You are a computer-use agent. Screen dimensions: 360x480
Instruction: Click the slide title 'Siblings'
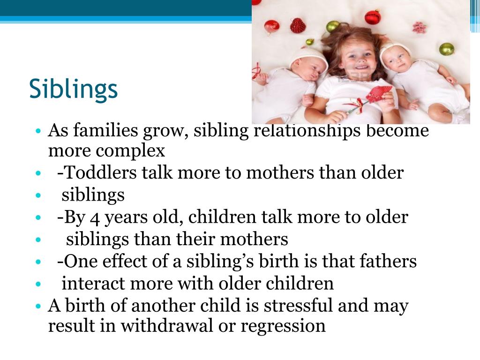pyautogui.click(x=73, y=89)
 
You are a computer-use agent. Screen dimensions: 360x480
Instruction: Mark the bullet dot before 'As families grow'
pyautogui.click(x=39, y=130)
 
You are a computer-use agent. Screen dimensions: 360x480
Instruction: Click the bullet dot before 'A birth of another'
pyautogui.click(x=39, y=306)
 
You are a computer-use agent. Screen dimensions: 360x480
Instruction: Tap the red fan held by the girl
pyautogui.click(x=379, y=94)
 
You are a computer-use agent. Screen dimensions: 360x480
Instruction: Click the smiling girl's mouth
pyautogui.click(x=360, y=74)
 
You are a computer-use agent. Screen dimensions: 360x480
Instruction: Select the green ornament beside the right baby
pyautogui.click(x=446, y=49)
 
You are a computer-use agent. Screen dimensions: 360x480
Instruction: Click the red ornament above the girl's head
pyautogui.click(x=373, y=17)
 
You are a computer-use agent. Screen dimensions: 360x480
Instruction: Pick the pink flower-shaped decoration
pyautogui.click(x=419, y=27)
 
